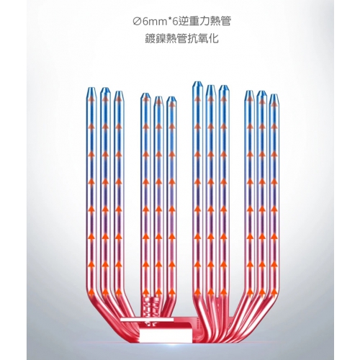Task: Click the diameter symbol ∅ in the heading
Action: [x=136, y=21]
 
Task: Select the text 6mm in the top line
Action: [x=153, y=22]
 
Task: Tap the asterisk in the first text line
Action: [x=168, y=19]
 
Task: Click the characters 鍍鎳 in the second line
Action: [x=154, y=39]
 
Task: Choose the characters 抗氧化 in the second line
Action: [x=204, y=39]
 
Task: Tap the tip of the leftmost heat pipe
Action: [x=91, y=92]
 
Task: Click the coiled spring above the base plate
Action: [x=150, y=308]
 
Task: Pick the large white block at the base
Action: [x=166, y=335]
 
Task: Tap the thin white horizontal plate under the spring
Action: [x=147, y=320]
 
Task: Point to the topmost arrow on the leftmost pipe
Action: [x=91, y=99]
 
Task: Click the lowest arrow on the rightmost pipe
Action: [x=273, y=292]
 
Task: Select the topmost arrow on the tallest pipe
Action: [x=197, y=99]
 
